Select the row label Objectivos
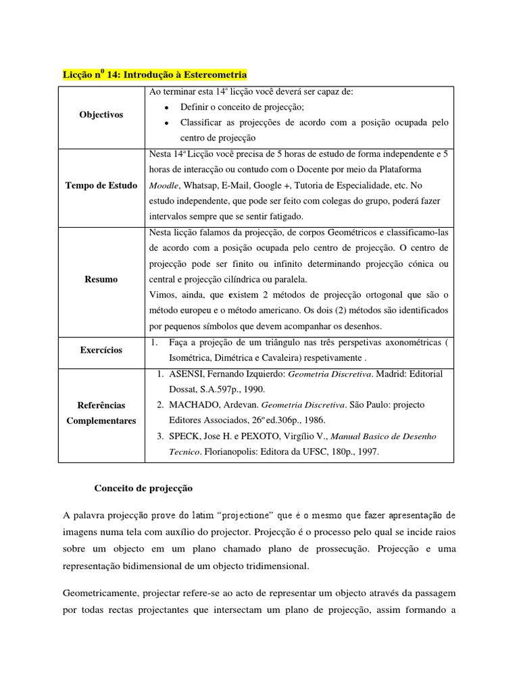pos(101,115)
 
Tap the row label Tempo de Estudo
pos(101,185)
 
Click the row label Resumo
pos(101,279)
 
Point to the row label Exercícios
pos(101,350)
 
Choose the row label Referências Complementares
pos(101,412)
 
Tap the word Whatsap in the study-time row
pos(201,185)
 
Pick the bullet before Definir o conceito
pos(166,107)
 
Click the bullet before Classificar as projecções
pos(166,123)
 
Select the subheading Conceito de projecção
pos(143,488)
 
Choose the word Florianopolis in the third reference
pos(234,451)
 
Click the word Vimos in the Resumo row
pos(162,295)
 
